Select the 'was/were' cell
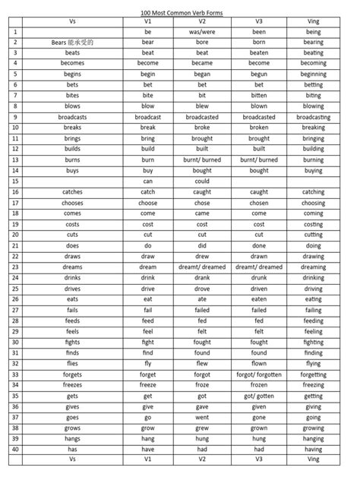click(x=202, y=33)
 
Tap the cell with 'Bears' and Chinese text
click(x=73, y=43)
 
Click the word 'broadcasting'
click(x=313, y=118)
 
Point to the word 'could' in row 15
click(x=202, y=182)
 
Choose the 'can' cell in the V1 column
click(x=147, y=182)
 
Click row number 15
click(x=15, y=182)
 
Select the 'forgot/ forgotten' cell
click(x=259, y=374)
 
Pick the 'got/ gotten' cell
click(x=259, y=396)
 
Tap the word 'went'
click(x=202, y=417)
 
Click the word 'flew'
click(x=202, y=364)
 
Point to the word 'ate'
click(x=202, y=299)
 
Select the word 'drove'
click(x=202, y=289)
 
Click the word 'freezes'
click(x=73, y=385)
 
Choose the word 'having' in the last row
click(x=313, y=450)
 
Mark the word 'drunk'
click(x=259, y=278)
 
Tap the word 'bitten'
click(x=259, y=96)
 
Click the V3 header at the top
click(x=259, y=22)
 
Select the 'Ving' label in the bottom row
click(x=313, y=459)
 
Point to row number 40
click(x=15, y=450)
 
